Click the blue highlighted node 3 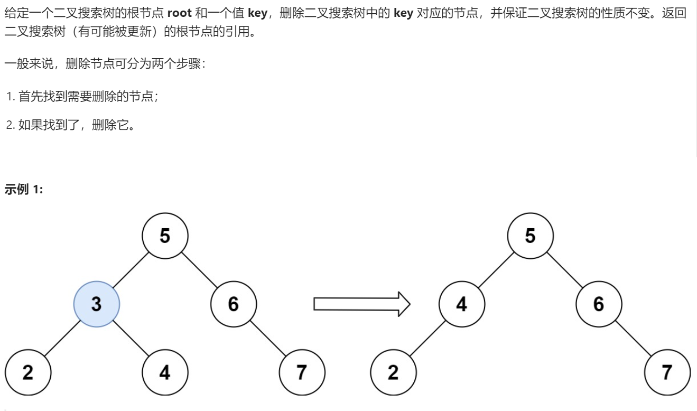[x=97, y=304]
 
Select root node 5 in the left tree [x=165, y=236]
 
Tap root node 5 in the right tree [x=530, y=236]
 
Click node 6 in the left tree [x=233, y=304]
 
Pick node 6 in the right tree [x=599, y=304]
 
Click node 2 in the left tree [x=28, y=373]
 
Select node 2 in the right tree [x=393, y=373]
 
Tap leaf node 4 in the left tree [x=165, y=373]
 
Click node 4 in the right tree [x=461, y=304]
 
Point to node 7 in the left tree [x=302, y=373]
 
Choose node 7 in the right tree [x=667, y=373]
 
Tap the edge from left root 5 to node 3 [x=131, y=270]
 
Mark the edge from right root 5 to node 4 [x=496, y=270]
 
